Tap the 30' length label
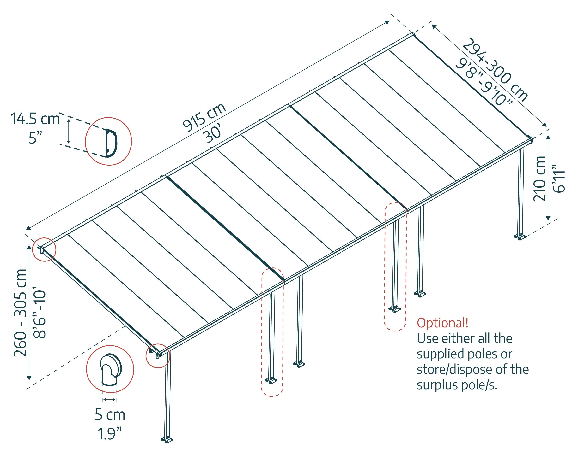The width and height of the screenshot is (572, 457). (212, 134)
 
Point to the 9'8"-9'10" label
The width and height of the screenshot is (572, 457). (483, 82)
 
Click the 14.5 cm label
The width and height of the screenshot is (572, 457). (35, 119)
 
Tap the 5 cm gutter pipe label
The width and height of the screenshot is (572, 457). (110, 415)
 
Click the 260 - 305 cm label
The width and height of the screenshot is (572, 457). (21, 313)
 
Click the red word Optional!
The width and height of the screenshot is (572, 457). (442, 323)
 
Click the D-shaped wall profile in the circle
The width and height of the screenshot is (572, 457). (111, 143)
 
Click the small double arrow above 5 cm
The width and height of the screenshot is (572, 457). (109, 400)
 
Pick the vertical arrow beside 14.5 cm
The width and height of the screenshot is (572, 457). (69, 131)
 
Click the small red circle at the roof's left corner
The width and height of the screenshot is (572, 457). (44, 249)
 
